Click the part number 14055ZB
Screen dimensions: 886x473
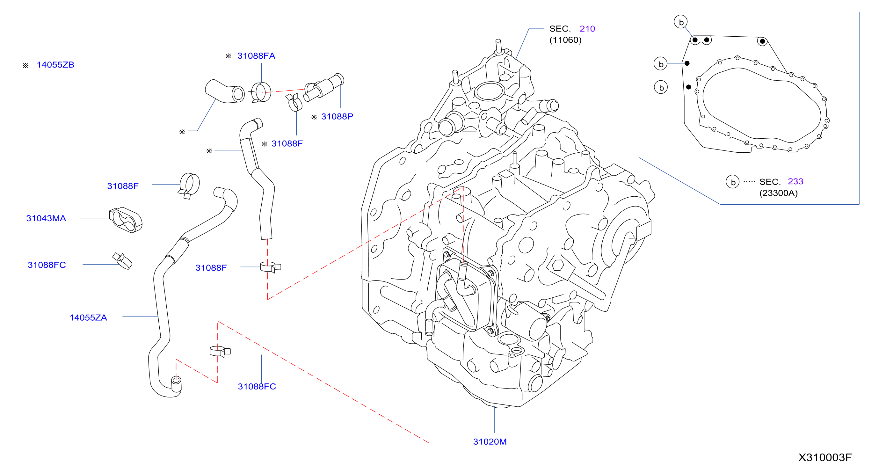(55, 65)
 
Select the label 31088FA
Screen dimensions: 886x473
(256, 56)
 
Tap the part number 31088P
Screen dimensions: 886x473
(337, 117)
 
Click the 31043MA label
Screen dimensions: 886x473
(46, 218)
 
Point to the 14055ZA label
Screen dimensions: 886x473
(88, 317)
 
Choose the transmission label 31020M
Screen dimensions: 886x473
(490, 442)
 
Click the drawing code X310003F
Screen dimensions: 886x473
(825, 457)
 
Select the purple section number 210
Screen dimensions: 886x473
(587, 29)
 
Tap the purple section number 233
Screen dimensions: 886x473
(795, 181)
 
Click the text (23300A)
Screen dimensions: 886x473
(778, 193)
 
